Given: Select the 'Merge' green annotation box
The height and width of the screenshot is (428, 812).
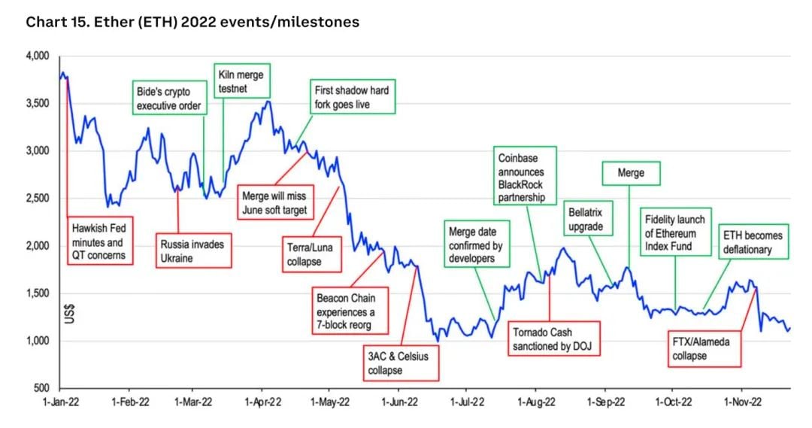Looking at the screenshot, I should pyautogui.click(x=632, y=173).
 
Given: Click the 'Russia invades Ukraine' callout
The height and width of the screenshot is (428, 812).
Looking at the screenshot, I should pyautogui.click(x=192, y=251).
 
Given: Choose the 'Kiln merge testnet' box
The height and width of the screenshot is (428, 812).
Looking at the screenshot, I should pyautogui.click(x=242, y=81).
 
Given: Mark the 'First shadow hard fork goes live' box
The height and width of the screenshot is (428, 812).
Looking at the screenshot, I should pyautogui.click(x=352, y=97).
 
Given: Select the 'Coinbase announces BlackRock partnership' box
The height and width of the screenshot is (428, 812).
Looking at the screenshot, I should pyautogui.click(x=525, y=176).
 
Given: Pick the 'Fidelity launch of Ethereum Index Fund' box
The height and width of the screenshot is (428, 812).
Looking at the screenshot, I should pyautogui.click(x=675, y=233).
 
